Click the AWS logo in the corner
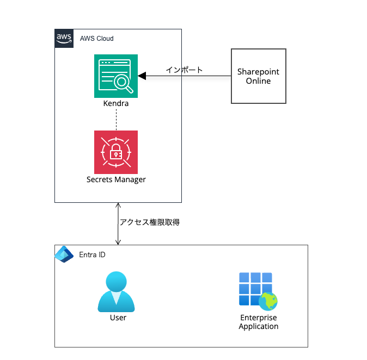64,39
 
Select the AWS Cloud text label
96,39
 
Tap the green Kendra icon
116,76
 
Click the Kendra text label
116,103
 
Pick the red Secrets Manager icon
116,152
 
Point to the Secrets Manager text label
116,179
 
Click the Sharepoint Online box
259,76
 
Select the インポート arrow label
184,70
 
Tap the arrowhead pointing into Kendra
142,76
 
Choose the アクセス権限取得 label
150,222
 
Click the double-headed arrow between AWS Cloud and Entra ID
118,224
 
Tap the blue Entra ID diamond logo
64,255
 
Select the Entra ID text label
93,255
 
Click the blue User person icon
116,292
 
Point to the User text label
118,318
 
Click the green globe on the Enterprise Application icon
268,301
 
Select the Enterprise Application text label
259,322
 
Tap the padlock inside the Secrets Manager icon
116,153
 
